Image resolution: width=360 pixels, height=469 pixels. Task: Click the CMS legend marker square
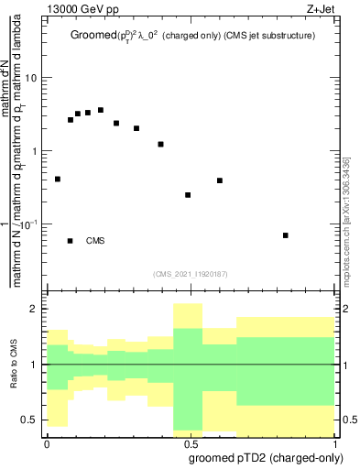tap(71, 241)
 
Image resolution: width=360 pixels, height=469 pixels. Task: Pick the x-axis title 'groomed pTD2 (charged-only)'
tap(267, 457)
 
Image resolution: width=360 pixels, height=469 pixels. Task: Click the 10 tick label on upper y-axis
tap(31, 78)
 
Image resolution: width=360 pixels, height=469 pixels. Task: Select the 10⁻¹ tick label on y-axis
tap(28, 223)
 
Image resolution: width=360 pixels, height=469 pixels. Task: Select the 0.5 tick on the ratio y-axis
tap(31, 420)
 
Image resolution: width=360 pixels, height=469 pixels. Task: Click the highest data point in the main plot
tap(101, 110)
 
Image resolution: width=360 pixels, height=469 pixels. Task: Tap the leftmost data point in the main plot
tap(58, 179)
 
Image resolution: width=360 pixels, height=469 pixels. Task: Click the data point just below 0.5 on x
tap(188, 195)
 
